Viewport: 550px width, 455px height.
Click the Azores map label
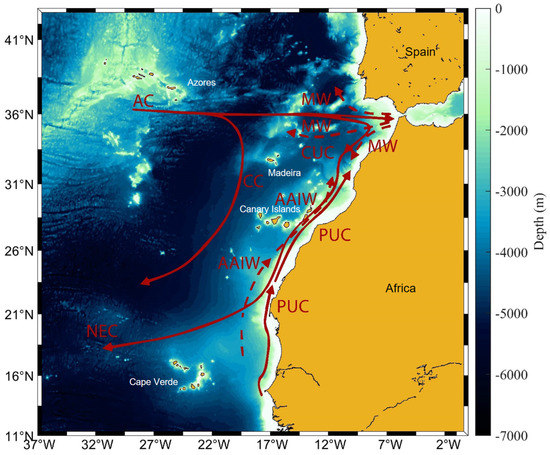[x=201, y=83]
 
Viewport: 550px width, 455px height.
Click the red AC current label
[x=146, y=100]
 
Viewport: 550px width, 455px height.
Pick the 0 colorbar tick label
[x=501, y=9]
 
